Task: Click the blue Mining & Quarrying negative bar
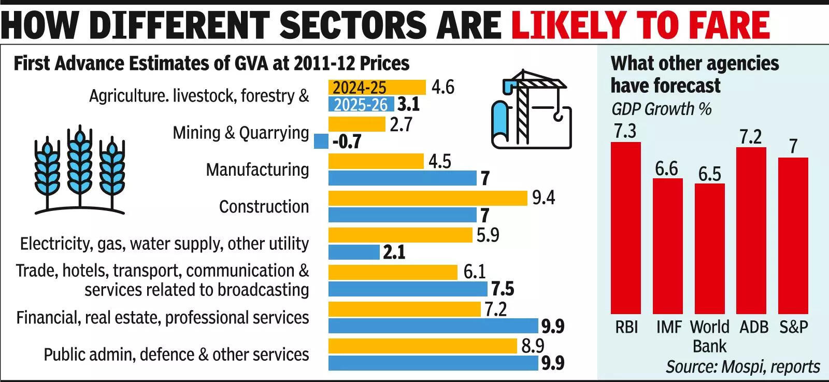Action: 321,141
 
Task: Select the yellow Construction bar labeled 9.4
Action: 428,198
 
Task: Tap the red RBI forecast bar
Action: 625,228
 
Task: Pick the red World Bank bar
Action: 709,249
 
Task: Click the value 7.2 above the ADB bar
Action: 750,137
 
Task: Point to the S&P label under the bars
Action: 793,327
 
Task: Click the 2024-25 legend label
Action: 360,87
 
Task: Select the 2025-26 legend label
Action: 361,105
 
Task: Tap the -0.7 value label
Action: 347,142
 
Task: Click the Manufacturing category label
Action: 258,169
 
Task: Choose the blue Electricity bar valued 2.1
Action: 354,252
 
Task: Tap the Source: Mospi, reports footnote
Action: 742,366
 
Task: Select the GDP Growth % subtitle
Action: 661,109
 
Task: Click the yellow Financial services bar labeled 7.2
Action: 405,309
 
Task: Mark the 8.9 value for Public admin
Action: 532,346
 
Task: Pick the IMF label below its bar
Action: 669,327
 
